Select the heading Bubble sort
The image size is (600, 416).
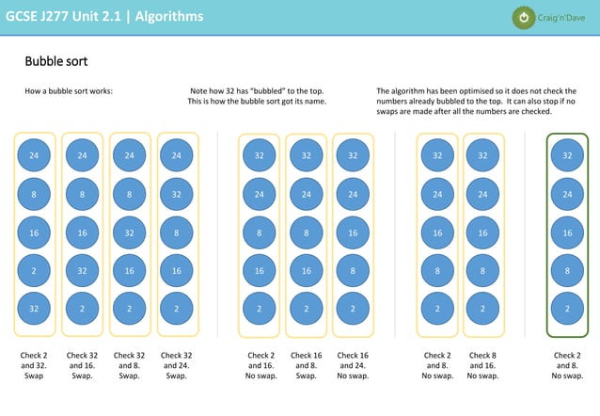click(x=56, y=62)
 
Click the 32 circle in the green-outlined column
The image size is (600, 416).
click(x=567, y=155)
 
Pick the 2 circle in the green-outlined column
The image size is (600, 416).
click(x=567, y=308)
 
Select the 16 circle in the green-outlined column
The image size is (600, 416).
click(x=567, y=232)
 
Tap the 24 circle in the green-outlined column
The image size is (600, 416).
click(x=567, y=194)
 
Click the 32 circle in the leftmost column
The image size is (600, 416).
click(x=34, y=308)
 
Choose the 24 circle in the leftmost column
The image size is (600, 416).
click(x=34, y=155)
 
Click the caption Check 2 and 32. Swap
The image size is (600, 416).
click(x=34, y=365)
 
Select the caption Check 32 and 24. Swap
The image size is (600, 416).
click(x=176, y=365)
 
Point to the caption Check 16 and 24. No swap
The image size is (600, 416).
click(x=353, y=365)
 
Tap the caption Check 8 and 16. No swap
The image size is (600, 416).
click(x=482, y=365)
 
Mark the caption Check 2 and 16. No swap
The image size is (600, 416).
click(x=261, y=365)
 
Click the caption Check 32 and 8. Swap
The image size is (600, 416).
click(x=129, y=365)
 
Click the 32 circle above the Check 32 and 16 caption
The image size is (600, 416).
click(x=82, y=270)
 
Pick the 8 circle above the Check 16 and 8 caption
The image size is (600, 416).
click(x=307, y=232)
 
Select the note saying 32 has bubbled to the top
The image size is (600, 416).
click(x=257, y=96)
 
